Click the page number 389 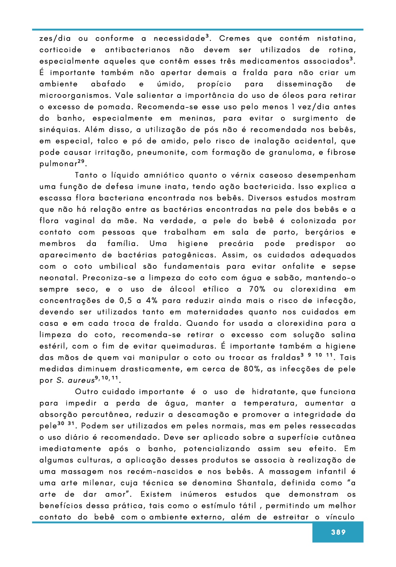tap(338, 532)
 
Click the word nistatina tap(337, 39)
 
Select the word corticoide tap(61, 50)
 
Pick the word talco tap(108, 141)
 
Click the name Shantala tap(255, 483)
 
